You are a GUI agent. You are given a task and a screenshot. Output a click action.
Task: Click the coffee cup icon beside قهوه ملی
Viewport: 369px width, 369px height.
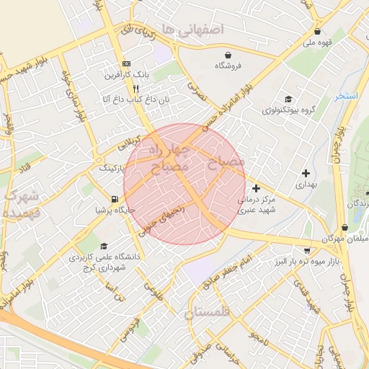coord(318,32)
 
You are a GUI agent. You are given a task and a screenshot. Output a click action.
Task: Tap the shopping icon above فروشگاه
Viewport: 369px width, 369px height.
coord(228,55)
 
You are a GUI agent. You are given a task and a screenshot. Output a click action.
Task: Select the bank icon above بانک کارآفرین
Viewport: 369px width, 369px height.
coord(127,63)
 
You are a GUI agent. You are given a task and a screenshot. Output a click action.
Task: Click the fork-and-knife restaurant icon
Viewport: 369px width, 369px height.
coord(135,89)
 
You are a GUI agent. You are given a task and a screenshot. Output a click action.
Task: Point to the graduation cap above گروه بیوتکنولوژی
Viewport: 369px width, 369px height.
coord(288,99)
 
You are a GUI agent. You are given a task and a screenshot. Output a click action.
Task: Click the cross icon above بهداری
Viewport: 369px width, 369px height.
coord(306,173)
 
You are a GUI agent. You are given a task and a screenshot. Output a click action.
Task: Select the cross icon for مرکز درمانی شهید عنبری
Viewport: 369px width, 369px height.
coord(257,188)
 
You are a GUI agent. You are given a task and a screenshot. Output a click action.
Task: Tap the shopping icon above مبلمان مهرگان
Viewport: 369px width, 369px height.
coord(345,227)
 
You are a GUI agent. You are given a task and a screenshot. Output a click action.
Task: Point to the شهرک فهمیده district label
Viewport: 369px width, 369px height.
coord(17,204)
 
